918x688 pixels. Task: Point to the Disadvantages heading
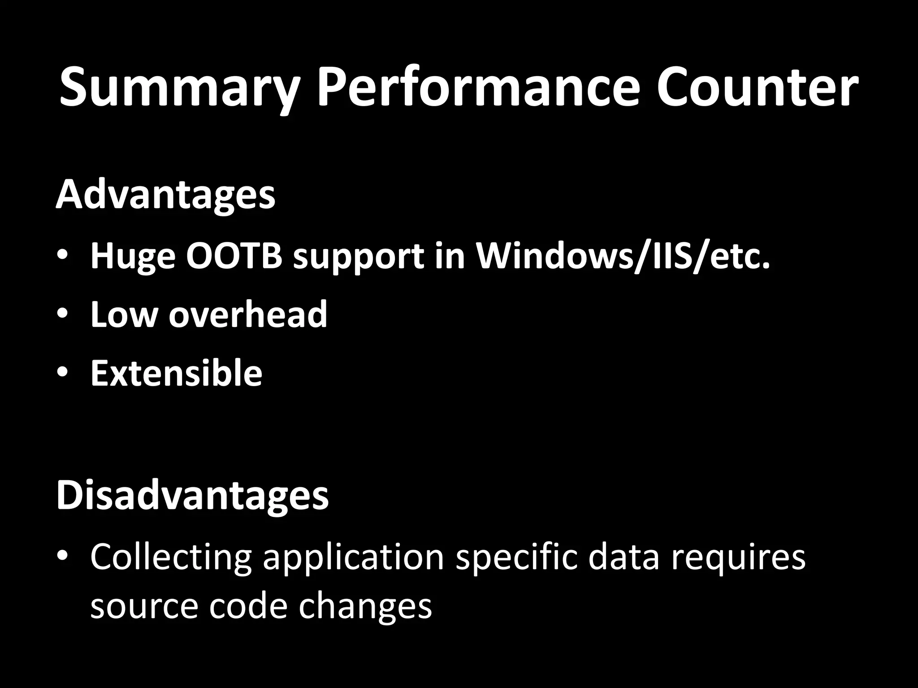pyautogui.click(x=192, y=495)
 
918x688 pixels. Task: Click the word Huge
pyautogui.click(x=133, y=257)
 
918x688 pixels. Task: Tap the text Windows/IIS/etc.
pyautogui.click(x=623, y=256)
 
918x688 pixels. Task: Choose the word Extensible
pyautogui.click(x=176, y=373)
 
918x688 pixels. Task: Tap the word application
pyautogui.click(x=353, y=557)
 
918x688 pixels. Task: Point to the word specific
pyautogui.click(x=516, y=557)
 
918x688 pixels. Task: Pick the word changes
pyautogui.click(x=365, y=606)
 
